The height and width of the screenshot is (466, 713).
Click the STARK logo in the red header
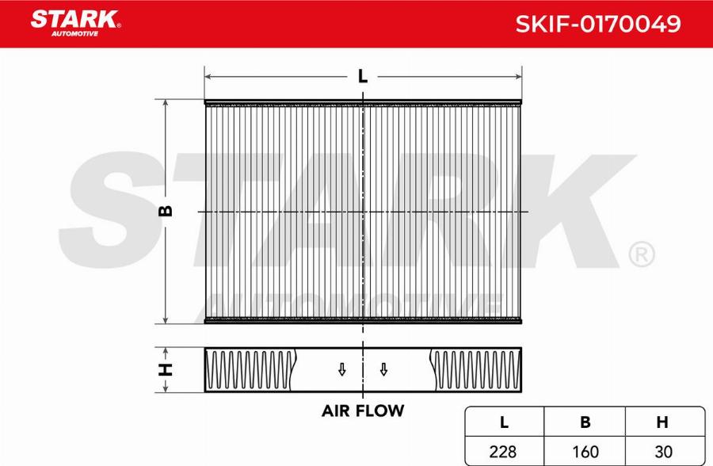point(75,22)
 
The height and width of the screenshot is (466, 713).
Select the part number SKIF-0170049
point(598,24)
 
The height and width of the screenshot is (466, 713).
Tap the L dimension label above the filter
point(362,76)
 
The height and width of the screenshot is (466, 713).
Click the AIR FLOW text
point(362,411)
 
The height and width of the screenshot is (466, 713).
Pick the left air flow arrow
point(342,369)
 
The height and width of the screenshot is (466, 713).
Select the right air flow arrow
point(383,369)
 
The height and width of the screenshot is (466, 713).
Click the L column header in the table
point(504,422)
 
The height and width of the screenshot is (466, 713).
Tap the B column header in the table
point(585,422)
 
